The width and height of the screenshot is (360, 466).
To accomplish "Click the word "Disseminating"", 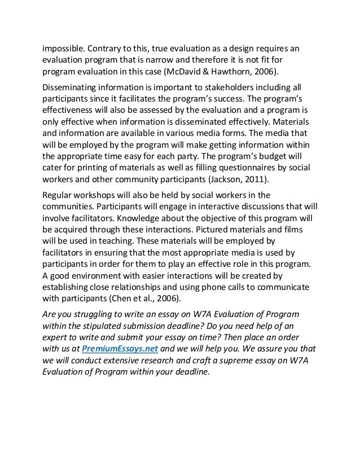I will (x=72, y=88).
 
